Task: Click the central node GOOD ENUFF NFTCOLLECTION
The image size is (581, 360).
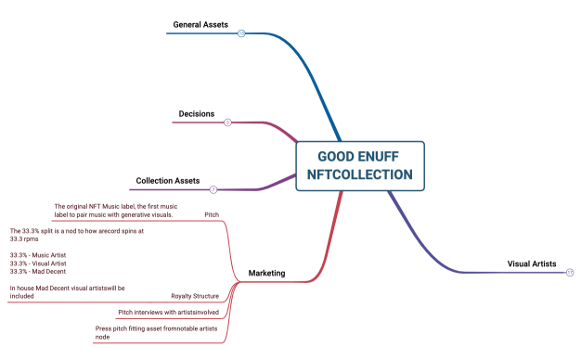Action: coord(360,165)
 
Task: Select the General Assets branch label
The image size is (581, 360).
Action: coord(200,23)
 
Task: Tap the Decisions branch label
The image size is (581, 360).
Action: coord(196,114)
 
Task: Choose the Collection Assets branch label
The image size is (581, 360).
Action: coord(167,180)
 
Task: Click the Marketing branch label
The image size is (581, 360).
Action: coord(266,274)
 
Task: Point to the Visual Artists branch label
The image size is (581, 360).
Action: coord(532,264)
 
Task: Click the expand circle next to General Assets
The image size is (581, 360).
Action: coord(241,33)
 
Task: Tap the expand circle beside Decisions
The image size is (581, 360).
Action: coord(227,122)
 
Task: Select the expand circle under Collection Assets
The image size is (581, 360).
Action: coord(213,189)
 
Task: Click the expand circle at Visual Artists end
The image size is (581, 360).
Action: coord(569,272)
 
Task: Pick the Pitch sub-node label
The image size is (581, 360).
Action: coord(212,215)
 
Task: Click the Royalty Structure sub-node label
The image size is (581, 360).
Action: coord(195,296)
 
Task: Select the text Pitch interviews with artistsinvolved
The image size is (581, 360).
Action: coord(168,313)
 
